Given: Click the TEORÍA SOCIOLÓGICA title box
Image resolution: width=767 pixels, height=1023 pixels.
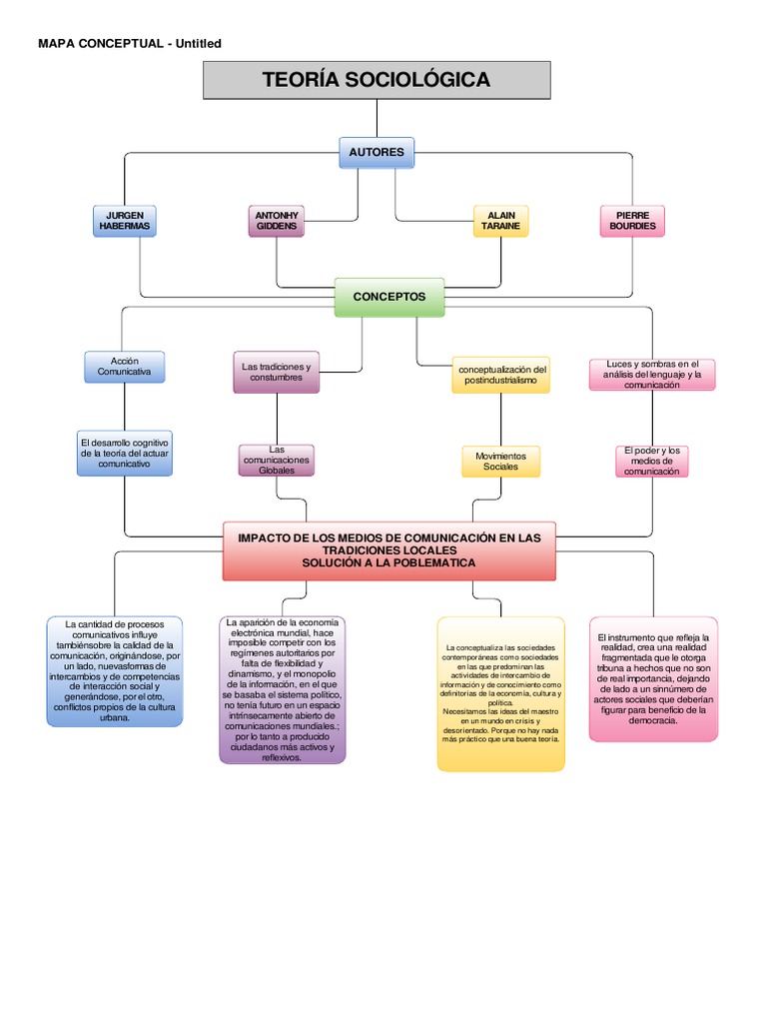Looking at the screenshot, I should (x=377, y=80).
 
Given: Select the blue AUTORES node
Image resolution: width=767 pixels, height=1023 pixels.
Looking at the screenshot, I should (x=377, y=153).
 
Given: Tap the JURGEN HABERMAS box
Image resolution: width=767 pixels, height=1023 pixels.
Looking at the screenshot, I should (x=124, y=221).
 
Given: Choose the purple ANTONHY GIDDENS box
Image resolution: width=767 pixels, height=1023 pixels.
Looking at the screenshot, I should (x=277, y=221).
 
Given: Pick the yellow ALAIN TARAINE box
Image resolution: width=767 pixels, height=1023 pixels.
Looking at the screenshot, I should (x=500, y=221).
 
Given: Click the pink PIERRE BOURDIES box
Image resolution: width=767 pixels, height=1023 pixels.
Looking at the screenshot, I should (x=633, y=221).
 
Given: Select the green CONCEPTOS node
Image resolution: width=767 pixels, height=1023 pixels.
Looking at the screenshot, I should (x=388, y=297).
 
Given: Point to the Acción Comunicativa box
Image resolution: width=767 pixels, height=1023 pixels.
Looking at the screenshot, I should (x=124, y=366).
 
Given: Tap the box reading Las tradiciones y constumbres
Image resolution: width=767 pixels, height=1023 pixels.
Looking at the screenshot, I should (x=277, y=372).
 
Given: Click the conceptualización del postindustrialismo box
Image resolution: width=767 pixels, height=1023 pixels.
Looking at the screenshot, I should (x=500, y=376).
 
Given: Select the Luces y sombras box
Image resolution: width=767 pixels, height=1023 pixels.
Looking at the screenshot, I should (x=652, y=374).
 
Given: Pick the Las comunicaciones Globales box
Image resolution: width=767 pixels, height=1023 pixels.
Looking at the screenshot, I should (x=277, y=461).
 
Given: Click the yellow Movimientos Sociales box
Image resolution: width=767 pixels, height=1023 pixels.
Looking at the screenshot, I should (x=500, y=461).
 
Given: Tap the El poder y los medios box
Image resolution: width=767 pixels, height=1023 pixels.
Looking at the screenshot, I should (x=652, y=461).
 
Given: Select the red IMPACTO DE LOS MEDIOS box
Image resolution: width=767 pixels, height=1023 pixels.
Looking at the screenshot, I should (x=388, y=549).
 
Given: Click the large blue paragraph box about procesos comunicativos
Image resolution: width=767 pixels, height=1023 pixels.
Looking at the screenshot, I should (x=114, y=670).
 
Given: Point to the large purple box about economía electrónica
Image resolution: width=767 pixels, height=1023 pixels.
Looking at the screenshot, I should (x=283, y=689).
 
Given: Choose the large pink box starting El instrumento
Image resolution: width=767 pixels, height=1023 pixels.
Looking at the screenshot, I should (x=653, y=678).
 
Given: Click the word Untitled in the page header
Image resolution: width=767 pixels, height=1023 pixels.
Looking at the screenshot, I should (x=198, y=43).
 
